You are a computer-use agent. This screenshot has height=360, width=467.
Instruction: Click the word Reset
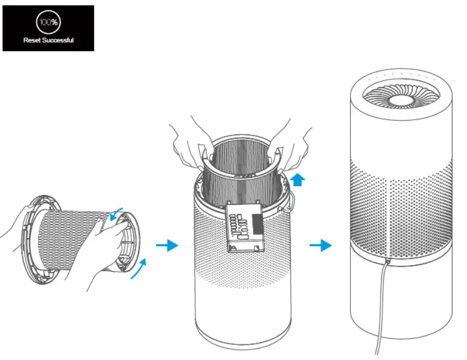[33, 40]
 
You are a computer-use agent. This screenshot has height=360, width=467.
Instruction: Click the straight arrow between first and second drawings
[167, 245]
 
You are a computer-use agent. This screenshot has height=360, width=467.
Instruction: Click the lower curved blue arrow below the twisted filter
[137, 269]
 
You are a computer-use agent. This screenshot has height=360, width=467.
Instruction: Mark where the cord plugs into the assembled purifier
[387, 262]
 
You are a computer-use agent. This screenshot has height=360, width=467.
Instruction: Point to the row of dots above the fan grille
[401, 74]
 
